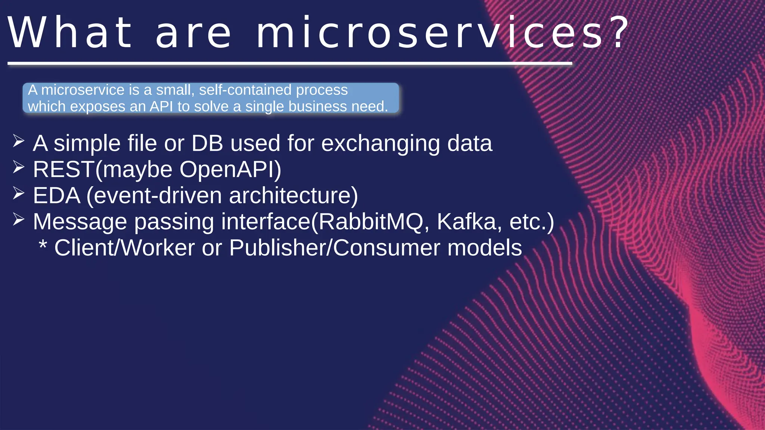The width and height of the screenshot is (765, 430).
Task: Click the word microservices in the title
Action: point(430,33)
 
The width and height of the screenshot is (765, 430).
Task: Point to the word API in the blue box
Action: point(161,107)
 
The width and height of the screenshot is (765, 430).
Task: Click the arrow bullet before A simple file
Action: point(18,141)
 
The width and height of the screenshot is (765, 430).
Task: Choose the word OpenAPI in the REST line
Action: point(227,169)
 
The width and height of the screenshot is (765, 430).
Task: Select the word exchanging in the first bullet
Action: point(381,144)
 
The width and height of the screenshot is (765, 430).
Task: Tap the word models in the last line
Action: point(484,248)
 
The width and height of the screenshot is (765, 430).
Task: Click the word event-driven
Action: point(157,196)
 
